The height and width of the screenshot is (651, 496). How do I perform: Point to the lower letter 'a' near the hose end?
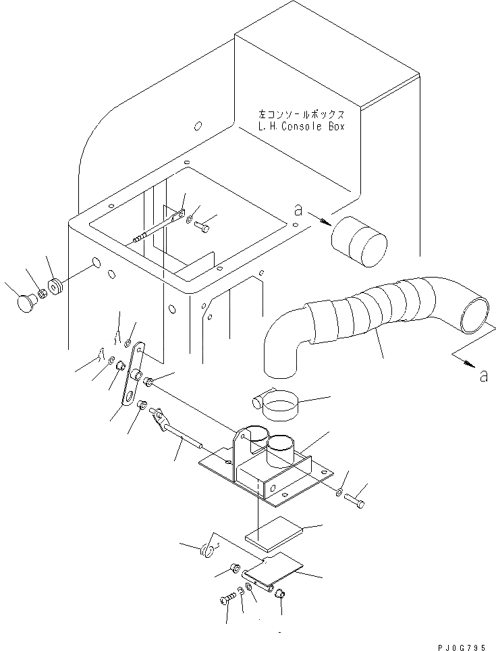(x=483, y=376)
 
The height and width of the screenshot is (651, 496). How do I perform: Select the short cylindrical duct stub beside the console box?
(x=358, y=242)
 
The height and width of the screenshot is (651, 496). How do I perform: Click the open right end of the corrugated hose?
(x=475, y=314)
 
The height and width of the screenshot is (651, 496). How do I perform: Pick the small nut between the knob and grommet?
(x=41, y=292)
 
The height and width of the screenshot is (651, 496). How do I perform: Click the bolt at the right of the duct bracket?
(x=356, y=501)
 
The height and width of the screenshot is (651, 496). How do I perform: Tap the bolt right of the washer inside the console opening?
(x=203, y=228)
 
